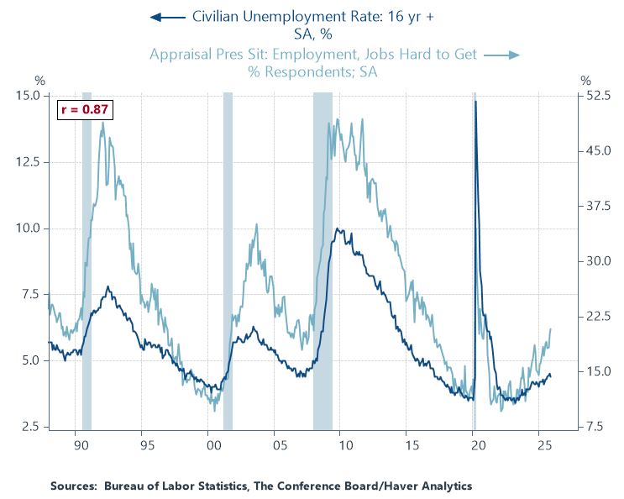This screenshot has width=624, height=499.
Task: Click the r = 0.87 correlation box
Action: click(x=83, y=110)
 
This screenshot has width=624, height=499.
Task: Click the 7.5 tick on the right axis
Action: click(x=594, y=427)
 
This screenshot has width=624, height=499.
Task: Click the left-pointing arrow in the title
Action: click(x=168, y=16)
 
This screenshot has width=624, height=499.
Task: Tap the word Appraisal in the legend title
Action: click(x=183, y=55)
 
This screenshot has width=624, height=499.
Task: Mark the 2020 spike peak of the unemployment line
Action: click(x=475, y=102)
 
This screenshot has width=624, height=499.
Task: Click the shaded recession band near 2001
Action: click(x=228, y=260)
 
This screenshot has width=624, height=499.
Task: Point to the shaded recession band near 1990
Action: click(x=87, y=260)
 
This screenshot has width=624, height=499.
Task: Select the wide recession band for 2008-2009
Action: click(x=322, y=260)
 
